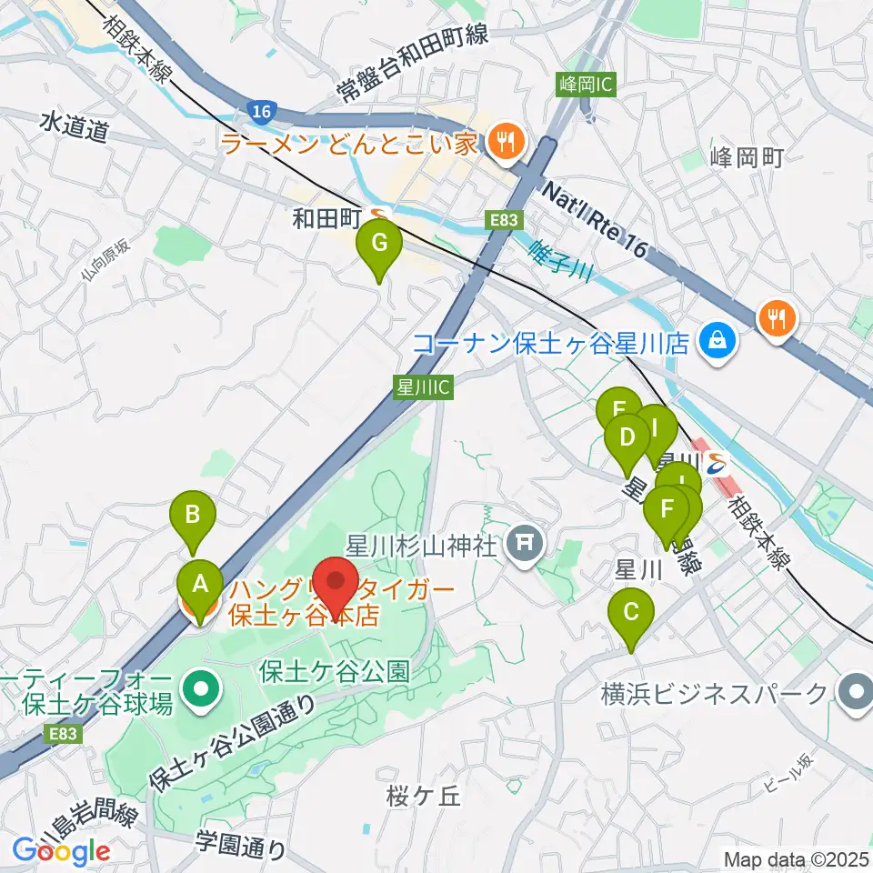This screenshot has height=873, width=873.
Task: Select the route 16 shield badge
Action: pos(259,111)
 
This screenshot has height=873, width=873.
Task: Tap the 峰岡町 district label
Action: pos(746,157)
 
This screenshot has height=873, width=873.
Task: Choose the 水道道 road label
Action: pos(74,128)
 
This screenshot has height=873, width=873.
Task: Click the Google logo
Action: pos(61,850)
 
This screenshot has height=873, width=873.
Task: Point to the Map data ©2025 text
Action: pos(795,858)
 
